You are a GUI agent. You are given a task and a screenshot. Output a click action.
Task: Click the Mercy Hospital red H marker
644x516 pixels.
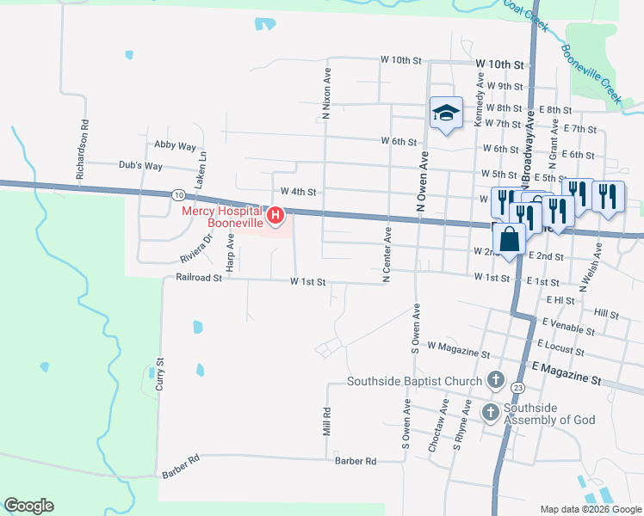click(276, 215)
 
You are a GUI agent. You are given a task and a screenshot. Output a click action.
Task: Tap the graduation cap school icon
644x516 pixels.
click(446, 113)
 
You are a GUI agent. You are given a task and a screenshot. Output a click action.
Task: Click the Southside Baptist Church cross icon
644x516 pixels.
click(495, 378)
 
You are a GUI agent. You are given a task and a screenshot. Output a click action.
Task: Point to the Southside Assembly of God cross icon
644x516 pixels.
click(490, 413)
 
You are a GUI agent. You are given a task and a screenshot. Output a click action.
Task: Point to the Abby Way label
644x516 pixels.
click(176, 146)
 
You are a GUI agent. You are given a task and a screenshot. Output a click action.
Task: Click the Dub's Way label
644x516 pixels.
click(142, 166)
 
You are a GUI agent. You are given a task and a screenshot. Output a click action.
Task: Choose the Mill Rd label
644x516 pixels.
click(327, 421)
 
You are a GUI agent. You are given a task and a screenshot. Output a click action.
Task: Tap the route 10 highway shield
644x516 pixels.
click(176, 194)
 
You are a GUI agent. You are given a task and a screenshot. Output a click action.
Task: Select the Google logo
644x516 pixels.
click(28, 506)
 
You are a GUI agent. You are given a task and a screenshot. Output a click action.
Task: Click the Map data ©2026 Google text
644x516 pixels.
click(590, 509)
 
